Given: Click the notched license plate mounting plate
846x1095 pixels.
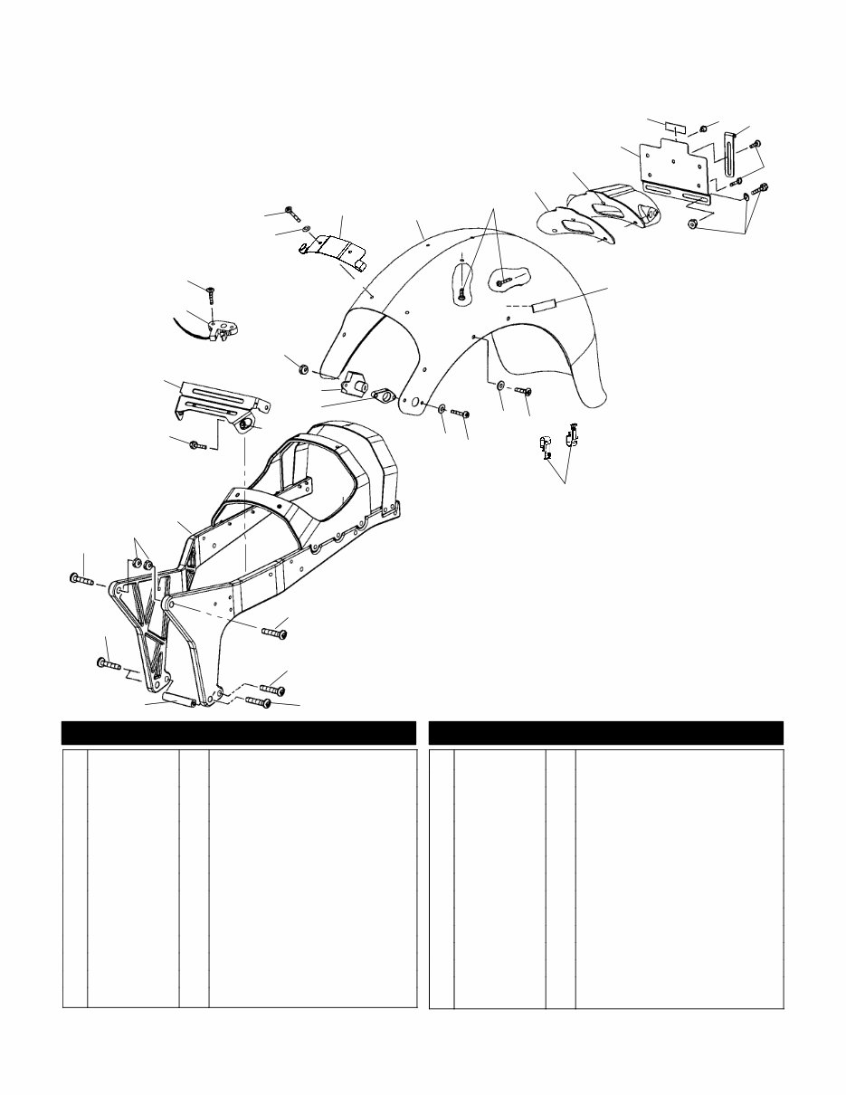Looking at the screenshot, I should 674,161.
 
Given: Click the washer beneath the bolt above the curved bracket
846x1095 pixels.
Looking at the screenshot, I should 308,230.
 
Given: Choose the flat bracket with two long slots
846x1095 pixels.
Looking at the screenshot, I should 220,399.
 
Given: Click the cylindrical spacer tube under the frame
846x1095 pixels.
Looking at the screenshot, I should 179,700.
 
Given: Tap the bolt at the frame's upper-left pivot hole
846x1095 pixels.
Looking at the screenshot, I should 81,579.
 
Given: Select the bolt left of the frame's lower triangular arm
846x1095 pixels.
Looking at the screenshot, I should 109,664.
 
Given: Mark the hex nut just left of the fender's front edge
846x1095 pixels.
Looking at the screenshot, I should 304,367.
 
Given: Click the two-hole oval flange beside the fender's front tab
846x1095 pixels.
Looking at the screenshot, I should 384,396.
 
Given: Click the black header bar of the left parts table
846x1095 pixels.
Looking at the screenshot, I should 238,732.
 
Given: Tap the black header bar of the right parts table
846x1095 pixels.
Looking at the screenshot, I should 605,732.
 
